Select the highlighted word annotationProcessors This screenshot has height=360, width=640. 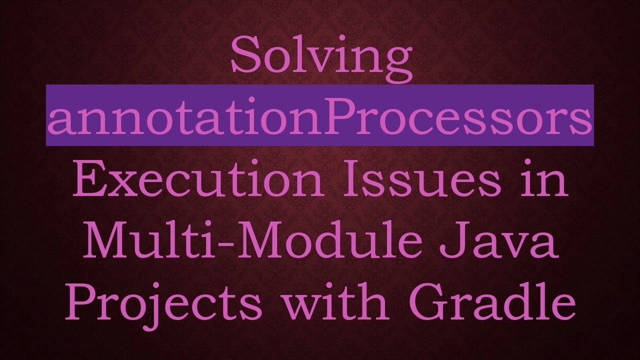click(319, 119)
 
